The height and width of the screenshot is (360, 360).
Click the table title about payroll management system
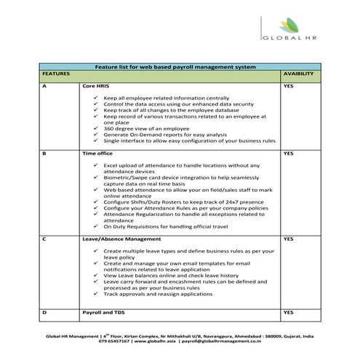click(x=175, y=67)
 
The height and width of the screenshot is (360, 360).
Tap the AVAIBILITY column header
click(x=298, y=74)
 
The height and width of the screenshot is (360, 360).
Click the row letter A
click(x=45, y=86)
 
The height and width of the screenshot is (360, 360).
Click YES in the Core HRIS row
click(x=287, y=86)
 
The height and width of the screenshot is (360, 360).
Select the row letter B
click(x=45, y=154)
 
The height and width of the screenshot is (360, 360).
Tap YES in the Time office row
click(x=287, y=154)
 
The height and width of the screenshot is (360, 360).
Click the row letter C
click(x=45, y=239)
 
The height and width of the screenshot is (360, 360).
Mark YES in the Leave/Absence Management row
click(x=287, y=239)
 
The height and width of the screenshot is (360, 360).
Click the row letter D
click(x=45, y=311)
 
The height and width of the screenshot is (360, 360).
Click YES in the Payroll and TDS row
click(x=287, y=311)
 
